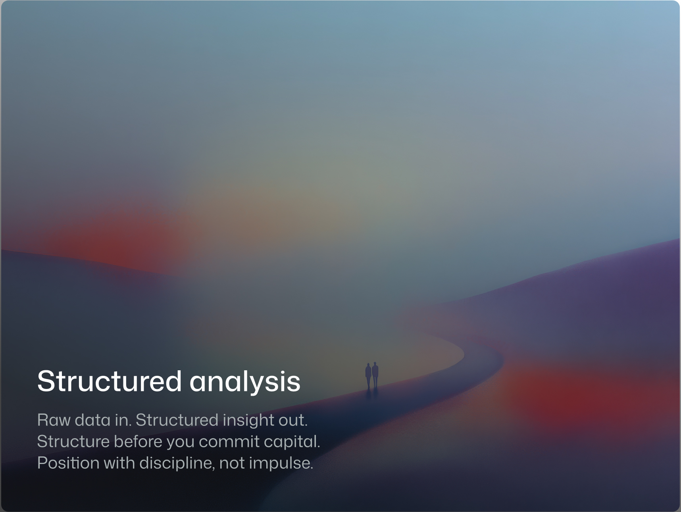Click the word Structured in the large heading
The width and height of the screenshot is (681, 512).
coord(110,381)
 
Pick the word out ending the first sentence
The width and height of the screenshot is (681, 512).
coord(293,420)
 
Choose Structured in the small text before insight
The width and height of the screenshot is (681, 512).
coord(177,420)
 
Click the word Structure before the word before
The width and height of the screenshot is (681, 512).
coord(73,441)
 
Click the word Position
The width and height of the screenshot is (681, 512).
coord(68,463)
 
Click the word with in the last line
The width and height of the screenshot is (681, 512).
coord(119,463)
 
